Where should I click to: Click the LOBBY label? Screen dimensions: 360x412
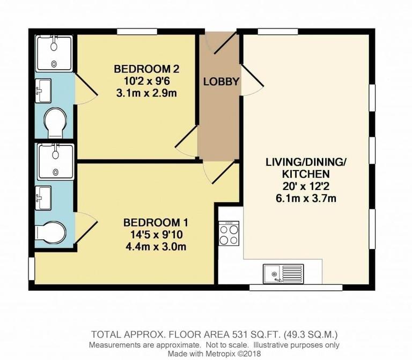pos(220,82)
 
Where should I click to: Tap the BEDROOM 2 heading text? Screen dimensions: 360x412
pos(146,69)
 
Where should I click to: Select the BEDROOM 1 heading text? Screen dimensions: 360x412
pos(155,223)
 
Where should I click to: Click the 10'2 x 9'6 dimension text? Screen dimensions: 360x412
pos(146,82)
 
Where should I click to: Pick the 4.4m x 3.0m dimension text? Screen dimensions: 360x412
pos(155,247)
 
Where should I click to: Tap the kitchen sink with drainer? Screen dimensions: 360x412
pos(283,274)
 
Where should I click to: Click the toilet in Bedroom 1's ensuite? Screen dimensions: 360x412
pos(51,232)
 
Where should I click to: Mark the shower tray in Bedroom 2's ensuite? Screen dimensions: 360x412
pos(54,52)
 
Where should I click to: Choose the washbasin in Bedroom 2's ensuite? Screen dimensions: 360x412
pos(42,90)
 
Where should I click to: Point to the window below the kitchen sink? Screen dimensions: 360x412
pos(296,287)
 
